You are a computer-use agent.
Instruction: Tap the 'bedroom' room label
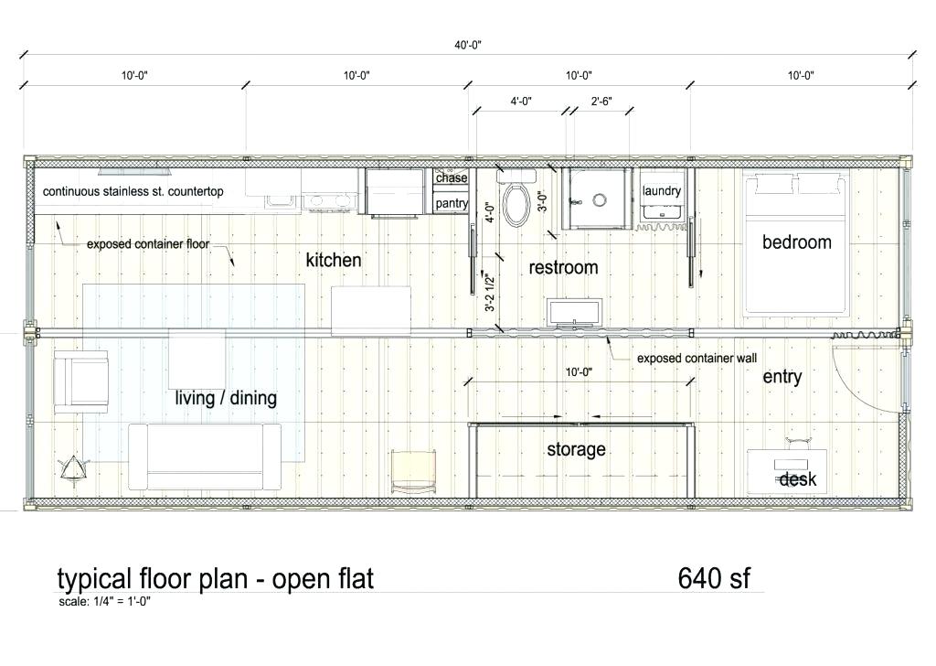click(x=797, y=242)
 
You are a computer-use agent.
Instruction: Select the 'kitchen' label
click(x=334, y=260)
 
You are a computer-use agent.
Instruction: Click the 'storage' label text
click(x=576, y=449)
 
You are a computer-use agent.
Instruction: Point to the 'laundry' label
click(x=662, y=190)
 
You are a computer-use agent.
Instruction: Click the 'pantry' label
click(x=452, y=203)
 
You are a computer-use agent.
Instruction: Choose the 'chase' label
click(x=452, y=178)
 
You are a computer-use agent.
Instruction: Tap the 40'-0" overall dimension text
click(x=467, y=45)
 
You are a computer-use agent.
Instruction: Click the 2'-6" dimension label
click(x=601, y=102)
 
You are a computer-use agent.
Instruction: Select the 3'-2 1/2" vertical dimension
click(x=490, y=293)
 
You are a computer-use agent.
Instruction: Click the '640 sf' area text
click(x=714, y=577)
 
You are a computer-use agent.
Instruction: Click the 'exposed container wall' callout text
click(x=697, y=359)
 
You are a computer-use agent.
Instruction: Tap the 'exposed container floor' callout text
click(x=148, y=243)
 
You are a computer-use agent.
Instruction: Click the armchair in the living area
click(x=81, y=381)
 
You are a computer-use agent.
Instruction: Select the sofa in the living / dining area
click(x=205, y=457)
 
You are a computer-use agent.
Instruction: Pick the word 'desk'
click(x=797, y=479)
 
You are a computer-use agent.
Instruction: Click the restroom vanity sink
click(x=574, y=314)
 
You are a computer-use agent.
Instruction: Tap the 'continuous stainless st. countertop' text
click(x=133, y=192)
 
